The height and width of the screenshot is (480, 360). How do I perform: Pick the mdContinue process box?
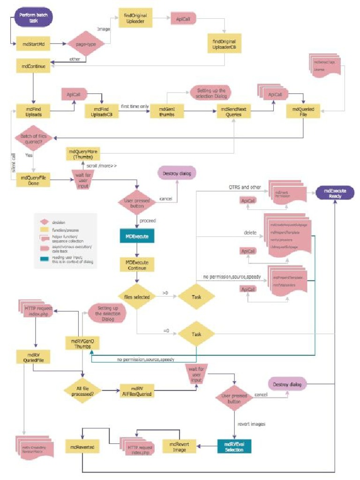(x=33, y=67)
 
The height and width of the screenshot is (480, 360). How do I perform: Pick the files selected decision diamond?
(x=136, y=296)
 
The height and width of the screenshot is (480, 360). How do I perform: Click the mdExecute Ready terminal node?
(x=335, y=193)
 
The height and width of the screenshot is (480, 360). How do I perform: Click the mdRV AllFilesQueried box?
(x=136, y=390)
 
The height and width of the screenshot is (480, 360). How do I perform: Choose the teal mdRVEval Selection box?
(x=234, y=447)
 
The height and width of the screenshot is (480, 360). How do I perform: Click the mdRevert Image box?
(x=179, y=447)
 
